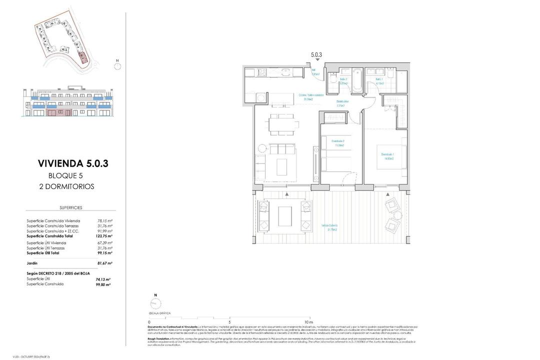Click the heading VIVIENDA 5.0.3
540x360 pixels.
click(73, 163)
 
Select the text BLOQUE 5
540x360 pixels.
click(65, 175)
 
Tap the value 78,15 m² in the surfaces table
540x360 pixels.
click(104, 220)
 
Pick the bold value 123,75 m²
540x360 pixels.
click(104, 236)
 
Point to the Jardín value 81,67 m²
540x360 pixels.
click(104, 263)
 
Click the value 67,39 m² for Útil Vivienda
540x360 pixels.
click(104, 243)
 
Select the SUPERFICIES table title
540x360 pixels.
click(70, 207)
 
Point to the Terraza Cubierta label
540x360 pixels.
click(329, 228)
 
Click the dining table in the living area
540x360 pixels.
click(281, 123)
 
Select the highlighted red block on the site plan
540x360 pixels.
click(82, 57)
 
